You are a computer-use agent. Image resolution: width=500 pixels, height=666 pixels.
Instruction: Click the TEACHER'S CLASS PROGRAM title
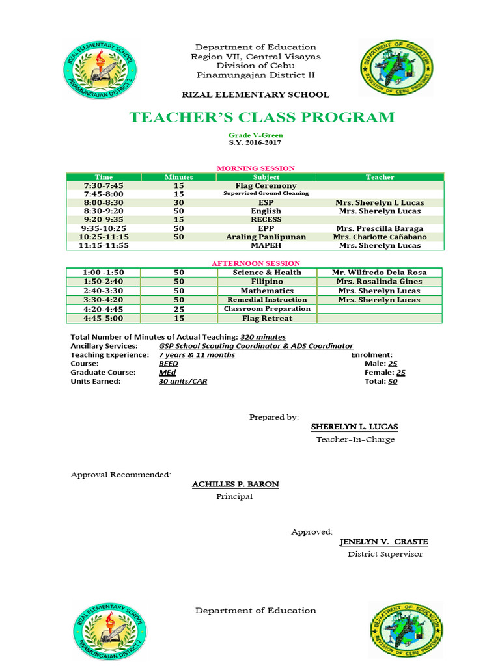(x=262, y=118)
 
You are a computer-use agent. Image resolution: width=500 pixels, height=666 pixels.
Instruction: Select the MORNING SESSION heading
(x=255, y=168)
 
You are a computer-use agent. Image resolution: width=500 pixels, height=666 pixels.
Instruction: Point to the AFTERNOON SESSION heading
(x=255, y=263)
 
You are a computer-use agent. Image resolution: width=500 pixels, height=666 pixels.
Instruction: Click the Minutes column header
(x=178, y=177)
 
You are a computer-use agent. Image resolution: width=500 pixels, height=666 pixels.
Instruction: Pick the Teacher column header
(x=380, y=177)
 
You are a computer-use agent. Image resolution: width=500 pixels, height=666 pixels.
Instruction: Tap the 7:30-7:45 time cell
(x=104, y=186)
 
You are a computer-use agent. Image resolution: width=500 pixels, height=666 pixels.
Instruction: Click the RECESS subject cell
(x=266, y=220)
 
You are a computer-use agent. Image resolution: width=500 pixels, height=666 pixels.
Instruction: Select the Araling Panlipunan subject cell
(x=266, y=237)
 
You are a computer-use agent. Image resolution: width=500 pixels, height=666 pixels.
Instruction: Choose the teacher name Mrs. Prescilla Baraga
(x=380, y=229)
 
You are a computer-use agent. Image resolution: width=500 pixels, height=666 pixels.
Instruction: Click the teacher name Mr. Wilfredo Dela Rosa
(x=380, y=273)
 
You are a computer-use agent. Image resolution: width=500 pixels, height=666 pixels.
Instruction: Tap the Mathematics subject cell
(x=267, y=291)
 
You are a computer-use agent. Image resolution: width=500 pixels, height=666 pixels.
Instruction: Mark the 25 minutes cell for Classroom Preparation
(x=179, y=310)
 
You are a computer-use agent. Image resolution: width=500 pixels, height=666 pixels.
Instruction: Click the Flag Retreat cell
(x=267, y=319)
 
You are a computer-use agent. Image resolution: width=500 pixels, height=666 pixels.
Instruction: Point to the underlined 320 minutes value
(x=263, y=337)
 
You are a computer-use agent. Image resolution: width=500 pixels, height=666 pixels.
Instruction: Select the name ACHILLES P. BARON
(x=235, y=485)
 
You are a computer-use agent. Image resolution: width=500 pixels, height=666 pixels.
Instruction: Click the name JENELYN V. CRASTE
(x=384, y=542)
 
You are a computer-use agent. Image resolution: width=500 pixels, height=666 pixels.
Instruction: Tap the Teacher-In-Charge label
(x=355, y=440)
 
